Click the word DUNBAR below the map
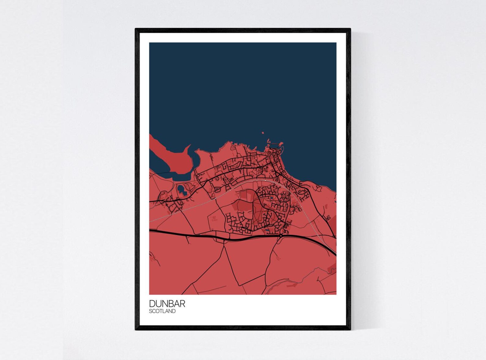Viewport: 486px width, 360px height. [167, 304]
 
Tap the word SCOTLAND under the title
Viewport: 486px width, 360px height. [162, 311]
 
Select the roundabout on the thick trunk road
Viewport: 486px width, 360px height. [281, 236]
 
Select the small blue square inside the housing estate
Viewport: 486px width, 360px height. [271, 198]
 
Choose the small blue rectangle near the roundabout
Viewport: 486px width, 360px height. [268, 230]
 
